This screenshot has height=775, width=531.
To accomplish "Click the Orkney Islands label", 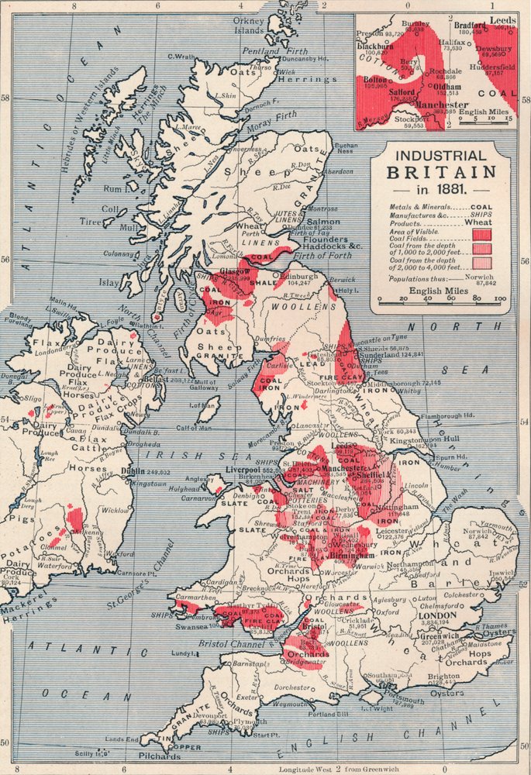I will pos(250,25).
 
